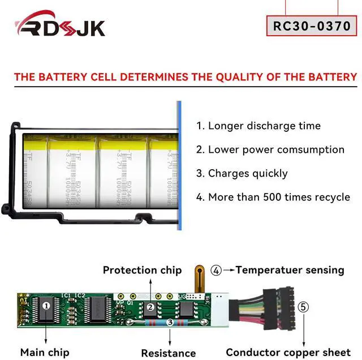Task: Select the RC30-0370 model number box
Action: [x=312, y=25]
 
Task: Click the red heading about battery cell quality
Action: [x=186, y=77]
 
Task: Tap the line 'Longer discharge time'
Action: [x=258, y=126]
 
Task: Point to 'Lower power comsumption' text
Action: [x=270, y=149]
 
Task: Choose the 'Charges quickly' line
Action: [x=242, y=173]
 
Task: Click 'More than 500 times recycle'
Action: [x=273, y=197]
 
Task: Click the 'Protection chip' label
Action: [x=142, y=270]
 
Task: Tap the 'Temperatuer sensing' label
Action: [x=290, y=269]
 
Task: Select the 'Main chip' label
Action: [x=45, y=352]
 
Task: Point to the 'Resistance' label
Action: [x=168, y=353]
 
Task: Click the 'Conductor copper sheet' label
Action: [x=288, y=352]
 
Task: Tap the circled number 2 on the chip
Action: [x=151, y=307]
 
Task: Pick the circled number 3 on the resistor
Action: [x=169, y=323]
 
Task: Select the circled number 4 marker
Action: [x=216, y=270]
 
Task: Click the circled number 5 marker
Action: [x=304, y=307]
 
